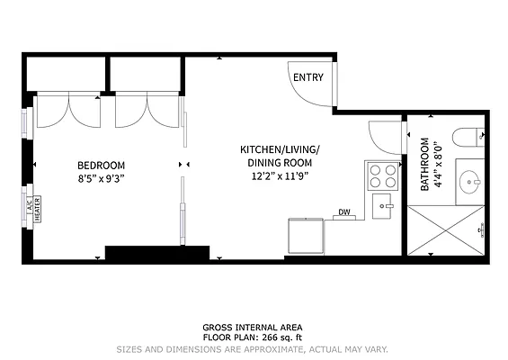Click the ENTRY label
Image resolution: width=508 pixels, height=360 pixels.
(307, 78)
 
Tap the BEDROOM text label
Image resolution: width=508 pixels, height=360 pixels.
(101, 165)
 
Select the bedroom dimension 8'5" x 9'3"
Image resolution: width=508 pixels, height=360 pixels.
(101, 178)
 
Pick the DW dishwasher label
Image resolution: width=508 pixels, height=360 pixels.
(343, 212)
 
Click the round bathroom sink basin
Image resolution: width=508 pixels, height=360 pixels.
(469, 183)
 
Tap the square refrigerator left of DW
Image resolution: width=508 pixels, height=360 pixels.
(305, 236)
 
